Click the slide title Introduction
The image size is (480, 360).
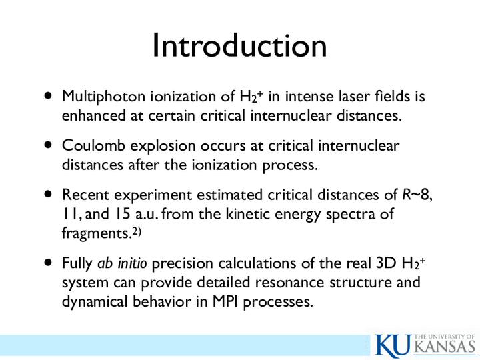click(x=240, y=45)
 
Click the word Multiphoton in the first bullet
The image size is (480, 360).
click(x=103, y=97)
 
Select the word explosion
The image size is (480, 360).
click(x=163, y=146)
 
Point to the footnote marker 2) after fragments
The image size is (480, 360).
click(x=137, y=233)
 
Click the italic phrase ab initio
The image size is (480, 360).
click(x=122, y=263)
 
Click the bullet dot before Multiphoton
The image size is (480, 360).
click(x=48, y=95)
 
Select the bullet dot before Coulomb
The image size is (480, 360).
click(x=48, y=145)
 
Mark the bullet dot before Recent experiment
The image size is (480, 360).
click(x=48, y=194)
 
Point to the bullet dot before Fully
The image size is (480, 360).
click(x=48, y=263)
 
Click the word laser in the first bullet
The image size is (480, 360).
click(x=354, y=96)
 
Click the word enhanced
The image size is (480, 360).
click(x=94, y=115)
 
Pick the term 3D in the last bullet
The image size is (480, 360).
click(x=386, y=263)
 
